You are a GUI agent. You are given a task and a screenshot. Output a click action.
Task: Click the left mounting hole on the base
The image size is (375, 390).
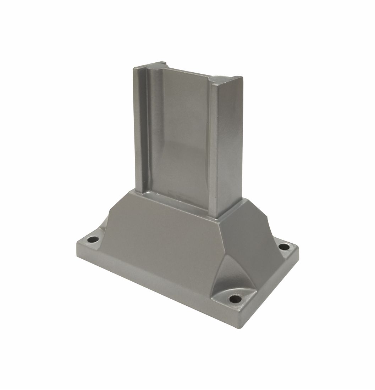tap(93, 239)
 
